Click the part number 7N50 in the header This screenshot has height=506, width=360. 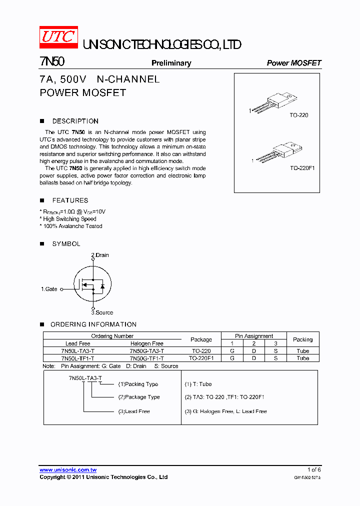51,62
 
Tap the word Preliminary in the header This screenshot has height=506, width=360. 171,63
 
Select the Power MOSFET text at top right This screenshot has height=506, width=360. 294,63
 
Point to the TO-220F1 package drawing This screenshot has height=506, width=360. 278,153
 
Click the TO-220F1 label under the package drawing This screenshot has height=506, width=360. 302,168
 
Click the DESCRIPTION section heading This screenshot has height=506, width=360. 75,121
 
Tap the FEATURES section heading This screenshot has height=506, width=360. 70,200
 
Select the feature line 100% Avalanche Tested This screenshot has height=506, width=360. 71,226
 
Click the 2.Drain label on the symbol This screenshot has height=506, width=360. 100,255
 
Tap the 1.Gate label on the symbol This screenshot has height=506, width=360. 49,289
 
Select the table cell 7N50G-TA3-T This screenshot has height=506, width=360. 146,351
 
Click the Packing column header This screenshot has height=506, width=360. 302,339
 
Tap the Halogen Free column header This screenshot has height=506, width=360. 146,343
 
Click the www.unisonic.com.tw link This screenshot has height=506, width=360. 68,470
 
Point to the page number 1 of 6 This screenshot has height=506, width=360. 314,469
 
